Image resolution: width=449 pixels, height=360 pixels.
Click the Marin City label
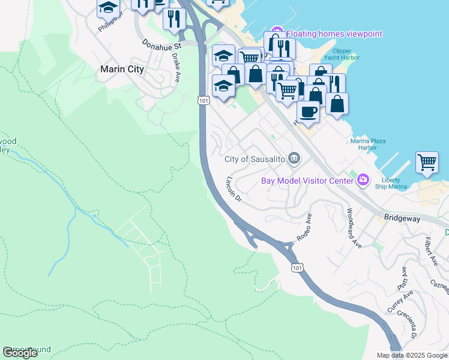122,69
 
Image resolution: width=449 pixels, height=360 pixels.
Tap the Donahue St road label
161,44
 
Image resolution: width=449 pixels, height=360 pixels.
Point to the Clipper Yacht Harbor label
341,55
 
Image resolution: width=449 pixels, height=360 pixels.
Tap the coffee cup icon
308,112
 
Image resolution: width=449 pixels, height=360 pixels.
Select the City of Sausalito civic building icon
294,158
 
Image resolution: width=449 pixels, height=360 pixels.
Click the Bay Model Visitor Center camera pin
363,180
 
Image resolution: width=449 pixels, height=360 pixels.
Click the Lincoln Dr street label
233,188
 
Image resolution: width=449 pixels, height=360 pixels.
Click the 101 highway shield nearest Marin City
204,101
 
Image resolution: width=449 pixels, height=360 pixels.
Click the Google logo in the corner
20,353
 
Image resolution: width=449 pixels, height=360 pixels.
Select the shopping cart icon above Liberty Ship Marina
427,162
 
